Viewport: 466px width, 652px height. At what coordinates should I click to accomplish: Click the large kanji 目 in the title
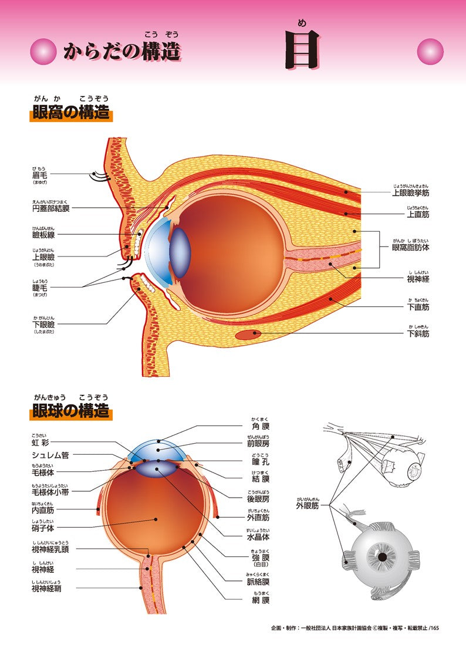pyautogui.click(x=302, y=50)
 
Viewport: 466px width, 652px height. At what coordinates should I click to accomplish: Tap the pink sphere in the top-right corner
pyautogui.click(x=430, y=51)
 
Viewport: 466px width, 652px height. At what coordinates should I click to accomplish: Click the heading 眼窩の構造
pyautogui.click(x=70, y=112)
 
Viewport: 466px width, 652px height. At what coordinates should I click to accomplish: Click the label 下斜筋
pyautogui.click(x=418, y=333)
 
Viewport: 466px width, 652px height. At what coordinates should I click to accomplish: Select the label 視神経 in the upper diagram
pyautogui.click(x=418, y=279)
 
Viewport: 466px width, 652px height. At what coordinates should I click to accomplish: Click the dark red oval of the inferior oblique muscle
pyautogui.click(x=249, y=335)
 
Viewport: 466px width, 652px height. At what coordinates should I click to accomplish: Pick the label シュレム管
pyautogui.click(x=51, y=455)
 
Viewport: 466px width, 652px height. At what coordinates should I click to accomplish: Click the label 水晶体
pyautogui.click(x=258, y=536)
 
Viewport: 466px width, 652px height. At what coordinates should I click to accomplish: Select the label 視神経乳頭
pyautogui.click(x=50, y=549)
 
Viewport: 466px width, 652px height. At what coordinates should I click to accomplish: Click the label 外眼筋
pyautogui.click(x=308, y=505)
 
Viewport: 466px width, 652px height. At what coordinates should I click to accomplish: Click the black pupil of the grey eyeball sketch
pyautogui.click(x=382, y=556)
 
